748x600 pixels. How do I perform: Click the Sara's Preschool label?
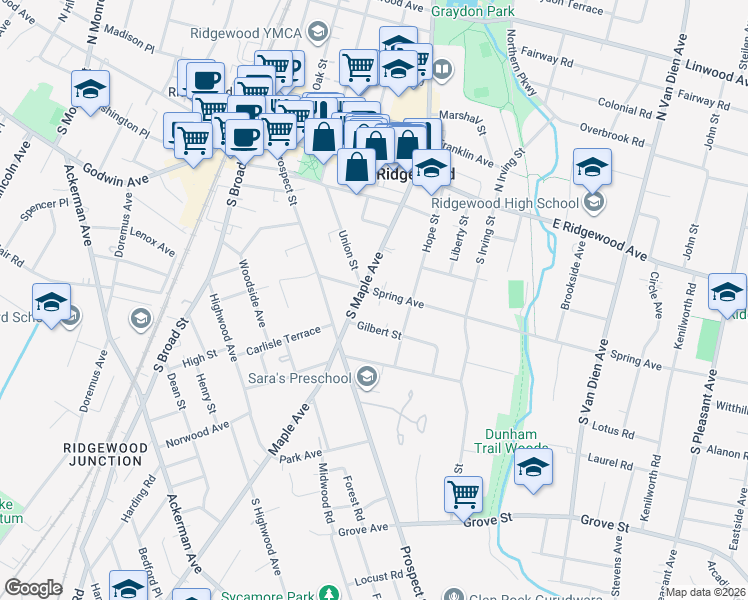coord(299,378)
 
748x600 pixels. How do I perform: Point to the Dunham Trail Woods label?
coord(512,441)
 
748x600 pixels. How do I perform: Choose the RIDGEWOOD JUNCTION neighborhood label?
coord(105,453)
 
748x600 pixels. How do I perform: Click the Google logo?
coord(33,588)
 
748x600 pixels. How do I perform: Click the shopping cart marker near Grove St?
coord(464,493)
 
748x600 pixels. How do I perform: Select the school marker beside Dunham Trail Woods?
coord(534,468)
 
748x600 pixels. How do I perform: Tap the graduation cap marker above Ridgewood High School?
coord(592,167)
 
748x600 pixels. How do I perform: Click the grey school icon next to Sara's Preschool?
coord(367,376)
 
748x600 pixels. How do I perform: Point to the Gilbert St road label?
coord(379,329)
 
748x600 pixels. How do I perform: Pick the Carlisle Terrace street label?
coord(285,339)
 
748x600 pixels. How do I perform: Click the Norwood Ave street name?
coord(198,433)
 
